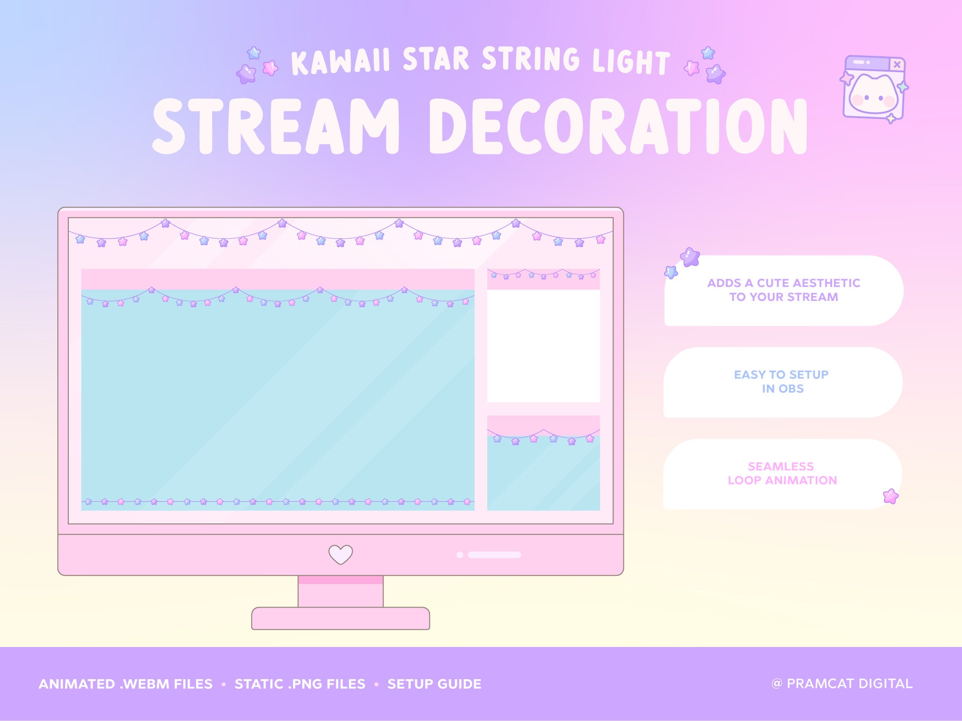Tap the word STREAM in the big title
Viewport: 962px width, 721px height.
click(276, 127)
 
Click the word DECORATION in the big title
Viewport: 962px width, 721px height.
click(618, 127)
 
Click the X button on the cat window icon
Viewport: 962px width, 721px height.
click(897, 64)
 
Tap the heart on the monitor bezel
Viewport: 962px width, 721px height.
click(341, 554)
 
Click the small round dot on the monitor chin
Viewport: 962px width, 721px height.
click(459, 555)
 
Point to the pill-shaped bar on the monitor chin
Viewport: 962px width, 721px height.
click(494, 555)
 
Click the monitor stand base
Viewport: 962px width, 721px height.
click(341, 618)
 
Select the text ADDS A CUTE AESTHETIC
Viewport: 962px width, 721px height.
click(783, 283)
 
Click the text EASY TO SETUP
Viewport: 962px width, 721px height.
click(781, 374)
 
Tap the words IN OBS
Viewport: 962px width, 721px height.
click(783, 388)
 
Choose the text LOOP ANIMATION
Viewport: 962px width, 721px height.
click(782, 480)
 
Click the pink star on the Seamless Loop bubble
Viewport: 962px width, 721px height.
click(891, 496)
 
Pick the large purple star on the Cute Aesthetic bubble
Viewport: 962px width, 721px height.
click(690, 257)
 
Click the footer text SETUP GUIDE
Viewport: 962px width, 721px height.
click(434, 684)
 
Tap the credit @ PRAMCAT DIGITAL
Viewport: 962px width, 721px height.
click(842, 684)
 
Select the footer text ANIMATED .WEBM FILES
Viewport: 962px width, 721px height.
click(126, 684)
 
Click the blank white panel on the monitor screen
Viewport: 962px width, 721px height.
click(544, 346)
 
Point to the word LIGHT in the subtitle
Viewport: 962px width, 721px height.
click(631, 62)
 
